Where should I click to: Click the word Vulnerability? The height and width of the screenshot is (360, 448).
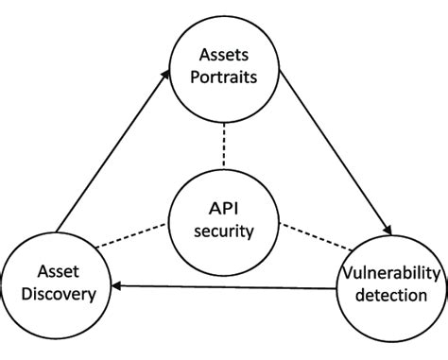390,273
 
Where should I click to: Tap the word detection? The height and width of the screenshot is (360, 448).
390,297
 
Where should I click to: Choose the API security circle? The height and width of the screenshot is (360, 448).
224,217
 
